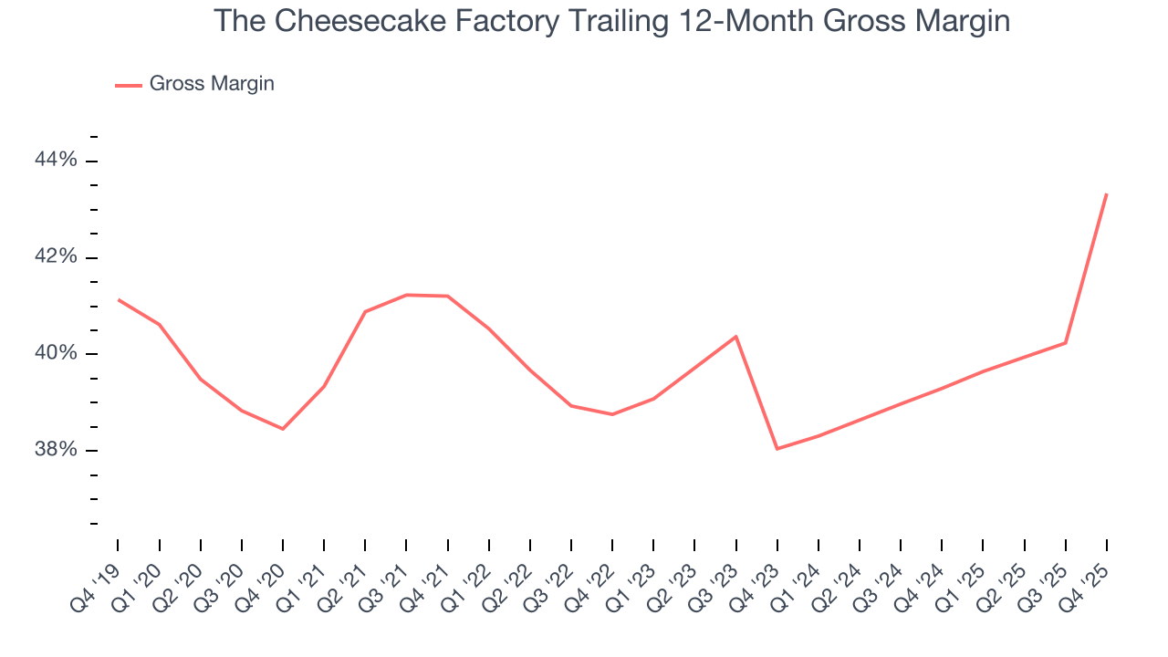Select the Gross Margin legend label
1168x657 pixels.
point(212,84)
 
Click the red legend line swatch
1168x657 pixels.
point(128,85)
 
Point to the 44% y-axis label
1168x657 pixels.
point(56,161)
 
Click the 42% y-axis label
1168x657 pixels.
point(56,257)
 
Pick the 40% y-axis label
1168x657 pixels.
point(56,354)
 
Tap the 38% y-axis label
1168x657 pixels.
point(56,451)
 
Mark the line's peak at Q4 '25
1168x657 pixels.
point(1107,193)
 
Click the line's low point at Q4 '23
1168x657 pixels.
point(777,449)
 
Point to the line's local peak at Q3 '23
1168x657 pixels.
point(736,337)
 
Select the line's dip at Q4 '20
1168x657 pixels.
point(283,429)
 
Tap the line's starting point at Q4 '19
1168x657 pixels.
point(119,299)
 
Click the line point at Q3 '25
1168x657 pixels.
point(1066,343)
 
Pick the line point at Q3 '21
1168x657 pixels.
point(406,295)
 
